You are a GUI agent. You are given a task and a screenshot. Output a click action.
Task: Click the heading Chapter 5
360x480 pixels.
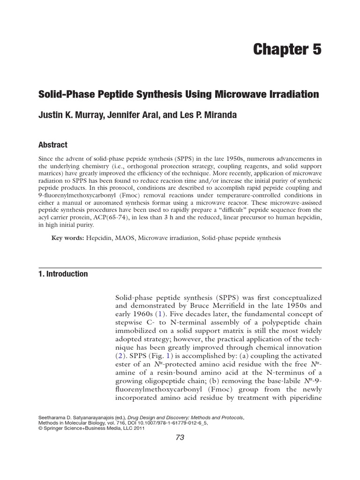click(x=287, y=49)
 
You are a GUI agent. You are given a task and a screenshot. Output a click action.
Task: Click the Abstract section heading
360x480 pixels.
click(x=52, y=145)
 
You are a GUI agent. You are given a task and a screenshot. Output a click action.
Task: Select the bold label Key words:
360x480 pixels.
click(x=68, y=238)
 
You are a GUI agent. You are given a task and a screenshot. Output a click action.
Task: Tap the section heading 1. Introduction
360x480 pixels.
click(x=63, y=274)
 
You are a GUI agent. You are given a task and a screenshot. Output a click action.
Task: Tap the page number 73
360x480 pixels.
click(x=180, y=437)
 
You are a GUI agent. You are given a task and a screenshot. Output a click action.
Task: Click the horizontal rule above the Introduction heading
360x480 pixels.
click(x=180, y=267)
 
